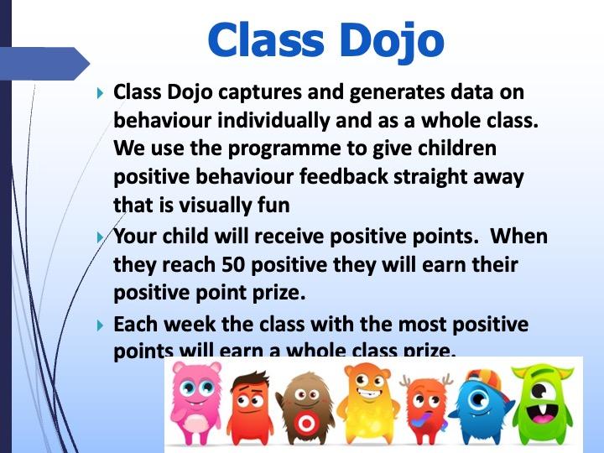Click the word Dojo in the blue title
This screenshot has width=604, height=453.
392,41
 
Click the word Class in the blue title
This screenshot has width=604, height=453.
265,39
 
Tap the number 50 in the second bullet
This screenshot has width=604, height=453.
233,264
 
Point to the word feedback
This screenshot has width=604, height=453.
344,176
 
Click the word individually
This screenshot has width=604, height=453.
273,121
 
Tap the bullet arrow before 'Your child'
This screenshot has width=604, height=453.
100,237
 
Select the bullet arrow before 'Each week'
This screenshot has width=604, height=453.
100,325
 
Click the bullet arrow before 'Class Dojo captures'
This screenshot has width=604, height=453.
100,93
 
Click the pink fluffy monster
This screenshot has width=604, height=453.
196,403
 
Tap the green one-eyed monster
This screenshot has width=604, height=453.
543,404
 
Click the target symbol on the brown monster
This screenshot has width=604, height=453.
305,424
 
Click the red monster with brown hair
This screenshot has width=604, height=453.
250,408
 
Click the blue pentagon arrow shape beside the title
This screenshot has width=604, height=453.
45,64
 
